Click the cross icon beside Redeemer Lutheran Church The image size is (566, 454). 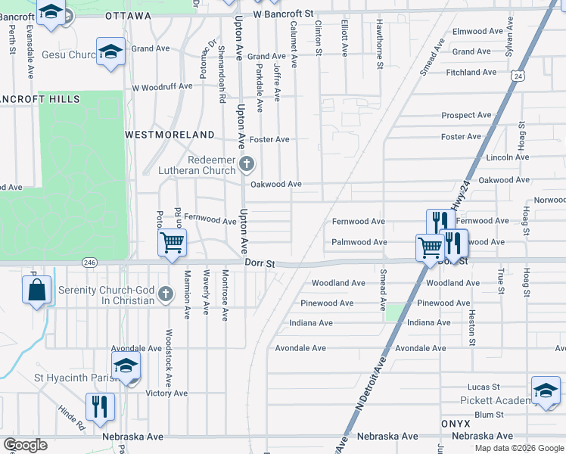pyautogui.click(x=246, y=163)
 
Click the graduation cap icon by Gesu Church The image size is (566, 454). pyautogui.click(x=110, y=52)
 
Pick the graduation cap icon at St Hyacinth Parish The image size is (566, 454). pyautogui.click(x=126, y=366)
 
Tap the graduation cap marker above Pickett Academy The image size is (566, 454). pyautogui.click(x=546, y=390)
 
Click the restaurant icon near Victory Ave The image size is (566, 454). pyautogui.click(x=100, y=407)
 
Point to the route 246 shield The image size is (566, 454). pyautogui.click(x=89, y=262)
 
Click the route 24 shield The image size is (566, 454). pyautogui.click(x=517, y=76)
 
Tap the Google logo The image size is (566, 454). pyautogui.click(x=26, y=445)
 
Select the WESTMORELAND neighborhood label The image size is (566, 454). pyautogui.click(x=170, y=134)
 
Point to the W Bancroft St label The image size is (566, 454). pyautogui.click(x=283, y=14)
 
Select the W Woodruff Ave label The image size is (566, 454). pyautogui.click(x=162, y=87)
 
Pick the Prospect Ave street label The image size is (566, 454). pyautogui.click(x=466, y=116)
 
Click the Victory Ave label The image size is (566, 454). pyautogui.click(x=166, y=393)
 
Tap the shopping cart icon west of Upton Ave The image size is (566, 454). pyautogui.click(x=173, y=244)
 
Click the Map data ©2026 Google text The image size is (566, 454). pyautogui.click(x=519, y=448)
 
